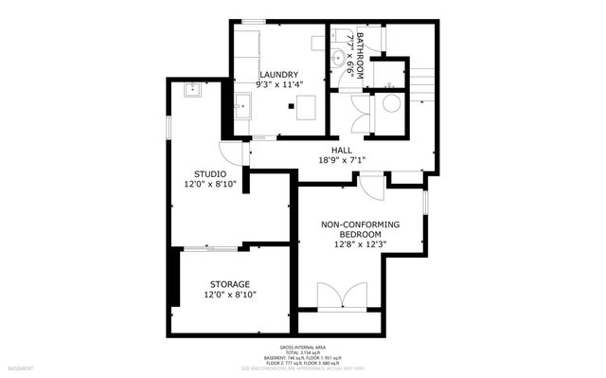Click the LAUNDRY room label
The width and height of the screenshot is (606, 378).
(279, 75)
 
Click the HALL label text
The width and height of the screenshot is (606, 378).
(342, 150)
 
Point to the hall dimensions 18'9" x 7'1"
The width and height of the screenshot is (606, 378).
(342, 160)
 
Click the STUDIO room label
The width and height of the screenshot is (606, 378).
(210, 173)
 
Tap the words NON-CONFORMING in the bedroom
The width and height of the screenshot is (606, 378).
(360, 224)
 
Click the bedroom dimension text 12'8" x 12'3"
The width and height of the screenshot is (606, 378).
(360, 244)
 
